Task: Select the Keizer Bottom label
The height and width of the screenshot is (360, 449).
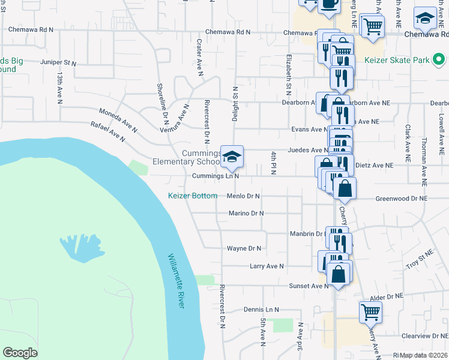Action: coord(193,196)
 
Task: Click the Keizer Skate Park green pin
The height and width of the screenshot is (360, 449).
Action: coord(439,60)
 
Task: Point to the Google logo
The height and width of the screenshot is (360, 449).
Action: coord(20,352)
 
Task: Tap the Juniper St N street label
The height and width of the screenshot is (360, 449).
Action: coord(58,62)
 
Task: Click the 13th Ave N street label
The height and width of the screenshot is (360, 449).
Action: coord(60,88)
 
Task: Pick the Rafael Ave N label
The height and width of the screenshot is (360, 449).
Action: coord(107,132)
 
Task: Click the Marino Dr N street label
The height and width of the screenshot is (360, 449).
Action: coord(247,213)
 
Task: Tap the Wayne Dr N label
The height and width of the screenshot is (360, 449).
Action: coord(244,248)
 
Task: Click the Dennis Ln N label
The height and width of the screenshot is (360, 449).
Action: coord(262,310)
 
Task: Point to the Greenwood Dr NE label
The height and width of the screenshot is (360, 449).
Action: coord(402,198)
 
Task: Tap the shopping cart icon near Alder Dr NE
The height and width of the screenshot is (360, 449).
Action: coord(370,311)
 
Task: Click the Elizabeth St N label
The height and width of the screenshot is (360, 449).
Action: coord(289,73)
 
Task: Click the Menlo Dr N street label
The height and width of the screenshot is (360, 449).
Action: coord(243,196)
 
